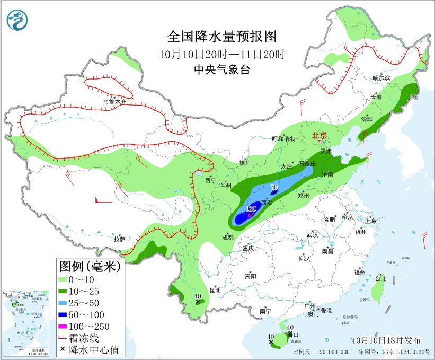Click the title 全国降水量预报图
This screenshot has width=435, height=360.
(x=222, y=37)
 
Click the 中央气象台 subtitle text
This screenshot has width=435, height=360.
(x=222, y=69)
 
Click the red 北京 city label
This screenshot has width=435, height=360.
(x=321, y=135)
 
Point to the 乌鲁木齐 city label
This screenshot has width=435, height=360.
(x=115, y=102)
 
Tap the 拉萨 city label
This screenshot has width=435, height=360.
(x=120, y=239)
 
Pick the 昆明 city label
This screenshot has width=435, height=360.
(x=215, y=290)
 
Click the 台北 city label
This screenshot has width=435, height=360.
(x=380, y=278)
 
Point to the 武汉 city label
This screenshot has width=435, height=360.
(x=312, y=234)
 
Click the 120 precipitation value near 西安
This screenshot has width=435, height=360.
(x=251, y=209)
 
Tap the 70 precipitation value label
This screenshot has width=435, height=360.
(x=274, y=187)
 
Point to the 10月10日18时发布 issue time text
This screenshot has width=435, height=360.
(x=386, y=340)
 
